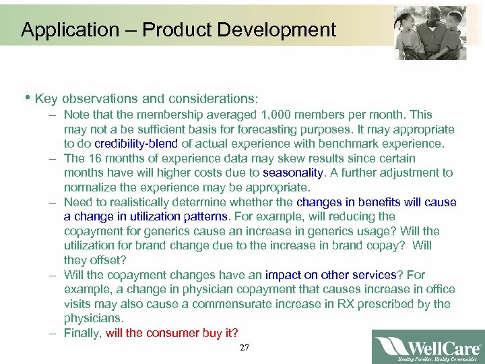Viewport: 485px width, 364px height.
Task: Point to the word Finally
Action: click(83, 333)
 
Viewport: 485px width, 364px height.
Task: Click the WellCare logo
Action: click(428, 346)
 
